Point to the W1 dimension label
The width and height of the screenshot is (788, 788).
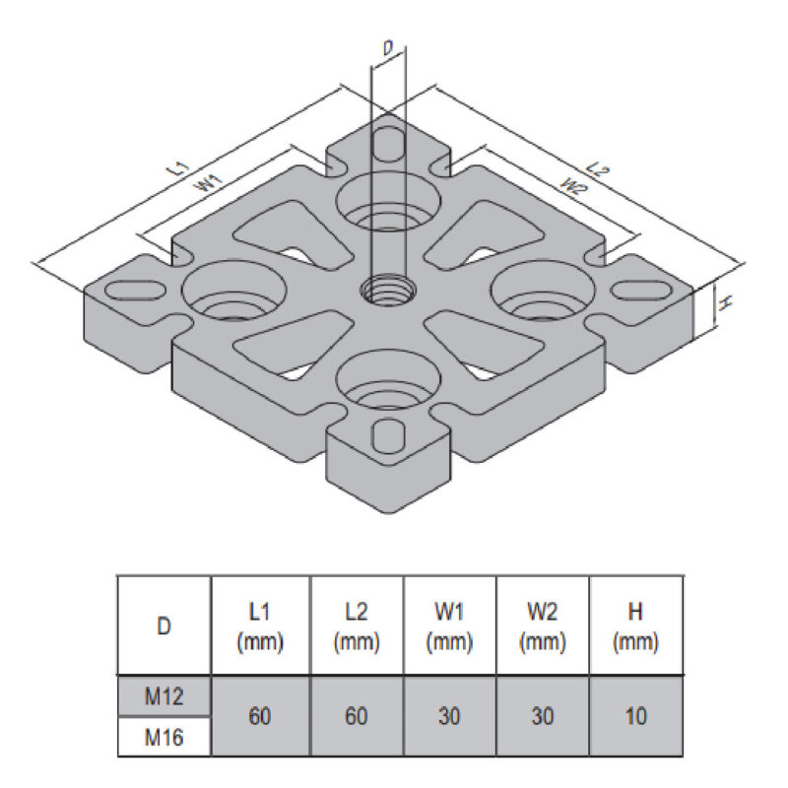(206, 183)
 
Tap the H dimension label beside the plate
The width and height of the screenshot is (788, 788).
(723, 304)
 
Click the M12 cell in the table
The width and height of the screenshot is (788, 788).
(164, 696)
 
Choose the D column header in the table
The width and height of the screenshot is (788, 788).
(164, 625)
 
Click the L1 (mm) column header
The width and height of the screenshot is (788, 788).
(259, 626)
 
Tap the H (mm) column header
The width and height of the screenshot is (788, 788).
(635, 626)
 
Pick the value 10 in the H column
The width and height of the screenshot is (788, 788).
(635, 716)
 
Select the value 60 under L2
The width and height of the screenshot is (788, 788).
(357, 716)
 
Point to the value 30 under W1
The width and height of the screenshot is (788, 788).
(449, 716)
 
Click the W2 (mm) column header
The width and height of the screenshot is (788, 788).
(543, 626)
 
